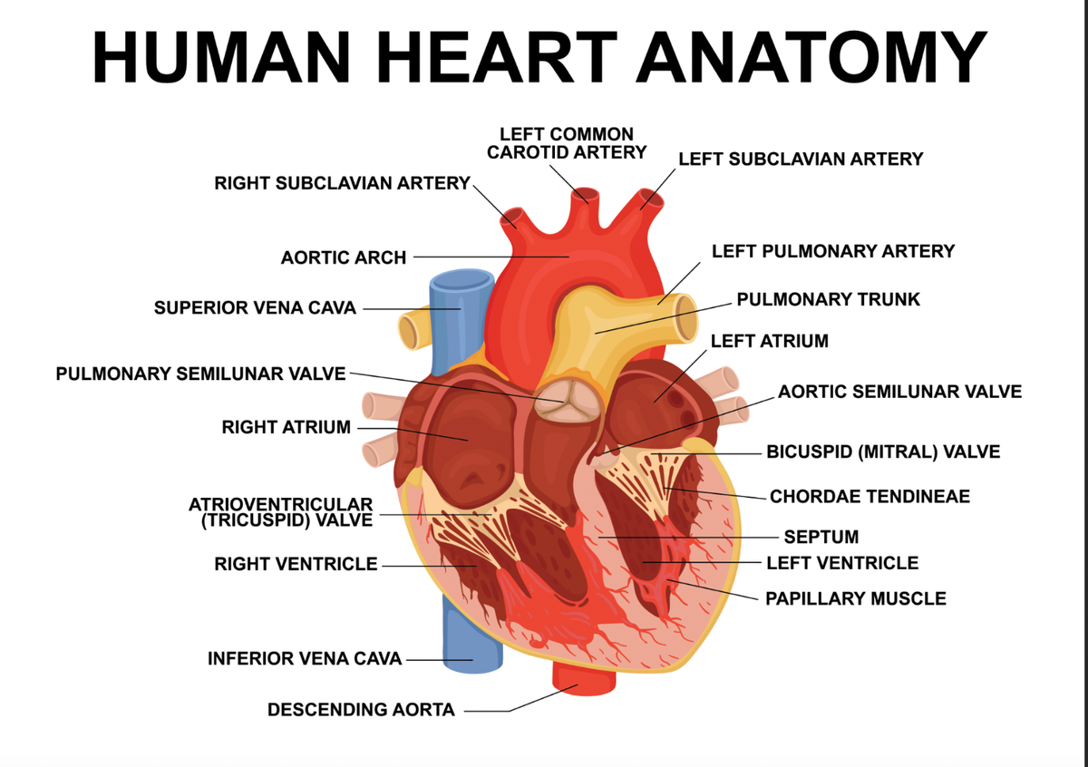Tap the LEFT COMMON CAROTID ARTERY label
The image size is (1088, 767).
tap(567, 142)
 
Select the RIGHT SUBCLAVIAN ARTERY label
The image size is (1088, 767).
tap(342, 183)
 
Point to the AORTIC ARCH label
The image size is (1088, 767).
tap(344, 257)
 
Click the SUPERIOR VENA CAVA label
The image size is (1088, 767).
tap(255, 307)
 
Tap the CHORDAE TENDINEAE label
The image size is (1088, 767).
tap(869, 497)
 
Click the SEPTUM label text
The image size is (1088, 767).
tap(821, 537)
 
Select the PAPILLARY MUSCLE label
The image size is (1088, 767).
tap(855, 598)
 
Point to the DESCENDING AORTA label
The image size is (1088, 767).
tap(361, 710)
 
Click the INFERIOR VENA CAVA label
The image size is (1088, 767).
tap(305, 659)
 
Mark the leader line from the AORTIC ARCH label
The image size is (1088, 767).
tap(490, 257)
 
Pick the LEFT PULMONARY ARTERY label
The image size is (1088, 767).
tap(832, 251)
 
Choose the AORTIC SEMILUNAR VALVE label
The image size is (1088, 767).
tap(899, 392)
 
